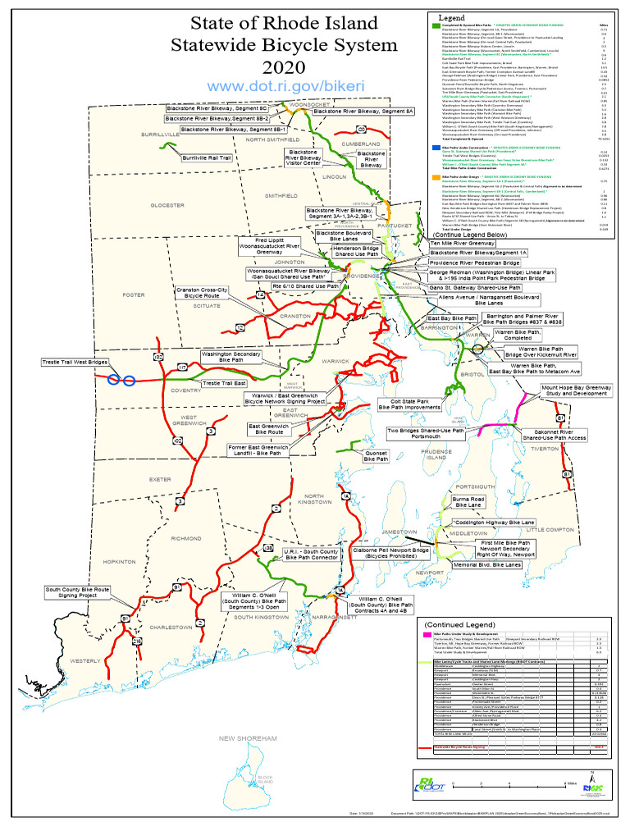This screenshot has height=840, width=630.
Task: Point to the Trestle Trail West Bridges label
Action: coord(75,362)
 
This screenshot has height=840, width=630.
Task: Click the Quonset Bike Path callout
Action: coord(377,456)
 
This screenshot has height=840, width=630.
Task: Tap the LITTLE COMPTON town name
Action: coord(550,530)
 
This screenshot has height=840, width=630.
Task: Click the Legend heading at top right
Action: coord(452,17)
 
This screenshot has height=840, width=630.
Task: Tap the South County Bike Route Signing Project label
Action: coord(78,592)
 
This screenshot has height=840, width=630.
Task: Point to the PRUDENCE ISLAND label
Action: coord(436,454)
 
